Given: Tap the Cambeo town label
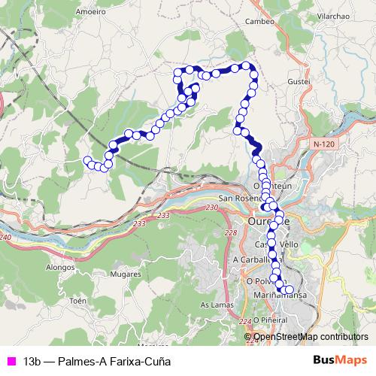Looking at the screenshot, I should (260, 22).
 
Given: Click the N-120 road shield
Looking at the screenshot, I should (324, 142).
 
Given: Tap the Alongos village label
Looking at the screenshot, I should (62, 266).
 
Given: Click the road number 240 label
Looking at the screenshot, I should (7, 238).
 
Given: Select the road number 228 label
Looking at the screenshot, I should (230, 234).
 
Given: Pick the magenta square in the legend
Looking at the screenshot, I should (11, 360).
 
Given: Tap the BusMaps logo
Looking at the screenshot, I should (337, 359).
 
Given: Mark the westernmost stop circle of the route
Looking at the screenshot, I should (87, 159).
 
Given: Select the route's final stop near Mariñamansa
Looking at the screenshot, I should (290, 290).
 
